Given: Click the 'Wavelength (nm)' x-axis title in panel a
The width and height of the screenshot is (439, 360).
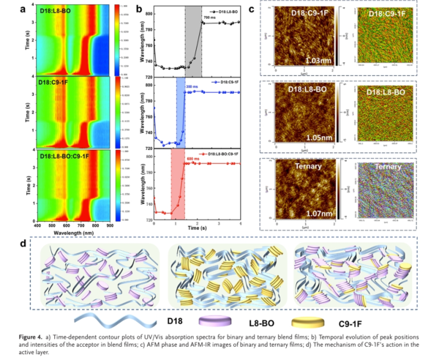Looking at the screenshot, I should coord(70,227).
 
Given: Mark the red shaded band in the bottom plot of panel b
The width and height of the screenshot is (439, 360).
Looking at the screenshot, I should coord(177,183).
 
